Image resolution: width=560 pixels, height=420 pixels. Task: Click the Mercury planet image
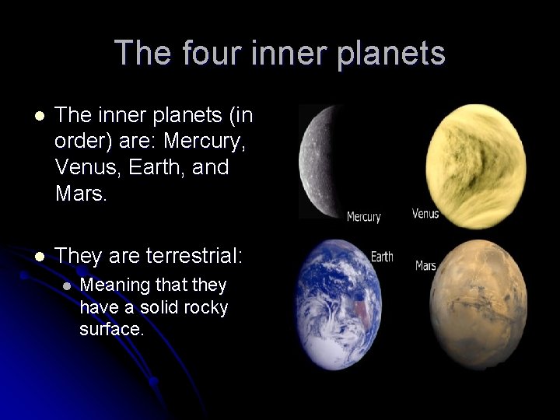coord(321,162)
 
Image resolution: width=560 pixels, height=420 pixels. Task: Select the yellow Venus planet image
coord(476,166)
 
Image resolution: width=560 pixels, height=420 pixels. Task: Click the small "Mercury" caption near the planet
coord(364,216)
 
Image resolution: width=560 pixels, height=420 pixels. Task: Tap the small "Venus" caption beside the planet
coord(425,213)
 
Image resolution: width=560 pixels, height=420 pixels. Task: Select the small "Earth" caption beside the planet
coord(382,256)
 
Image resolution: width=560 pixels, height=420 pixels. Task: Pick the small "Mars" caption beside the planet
coord(425,265)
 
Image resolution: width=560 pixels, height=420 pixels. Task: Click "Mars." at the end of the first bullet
coord(81,191)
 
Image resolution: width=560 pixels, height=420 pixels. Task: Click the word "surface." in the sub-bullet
coord(111,329)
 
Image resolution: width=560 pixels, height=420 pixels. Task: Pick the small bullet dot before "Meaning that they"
coord(66,285)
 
